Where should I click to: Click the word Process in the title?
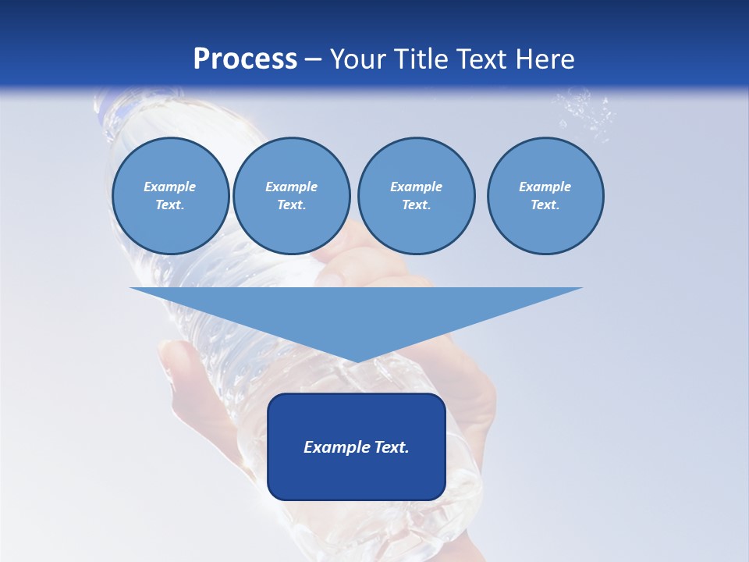(x=245, y=59)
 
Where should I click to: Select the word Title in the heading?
(x=423, y=59)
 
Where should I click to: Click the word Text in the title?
(x=484, y=59)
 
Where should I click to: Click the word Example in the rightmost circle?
(x=545, y=187)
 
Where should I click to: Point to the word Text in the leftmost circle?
(x=170, y=205)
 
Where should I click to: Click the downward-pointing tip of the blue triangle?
(x=357, y=360)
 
